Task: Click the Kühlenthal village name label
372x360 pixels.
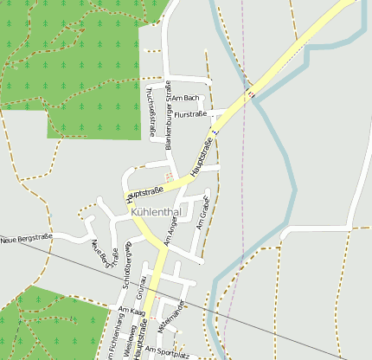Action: (x=156, y=210)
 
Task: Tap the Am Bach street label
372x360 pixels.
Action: (x=186, y=98)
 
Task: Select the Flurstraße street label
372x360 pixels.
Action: (x=190, y=114)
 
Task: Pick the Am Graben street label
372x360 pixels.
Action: (x=203, y=212)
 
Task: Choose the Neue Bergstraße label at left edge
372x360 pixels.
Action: (x=26, y=237)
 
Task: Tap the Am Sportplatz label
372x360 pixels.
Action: (x=167, y=351)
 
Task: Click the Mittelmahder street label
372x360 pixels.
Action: (x=172, y=316)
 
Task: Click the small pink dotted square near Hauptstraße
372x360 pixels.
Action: (x=168, y=176)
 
